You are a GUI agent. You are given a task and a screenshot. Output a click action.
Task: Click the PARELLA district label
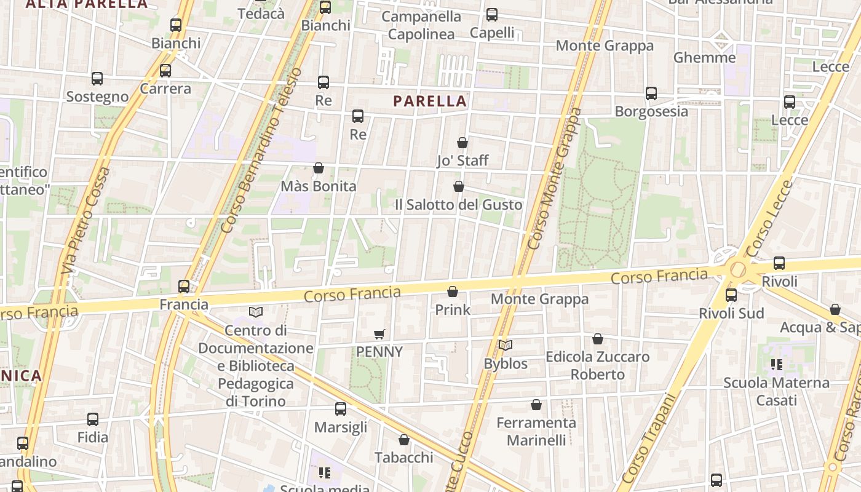tap(430, 101)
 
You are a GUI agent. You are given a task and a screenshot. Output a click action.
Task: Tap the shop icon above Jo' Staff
tap(462, 143)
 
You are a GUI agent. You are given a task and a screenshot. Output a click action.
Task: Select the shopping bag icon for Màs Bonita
tap(319, 168)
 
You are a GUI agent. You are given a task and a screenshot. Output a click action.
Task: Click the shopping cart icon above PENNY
tap(379, 334)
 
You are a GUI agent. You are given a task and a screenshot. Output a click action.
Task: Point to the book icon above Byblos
tap(506, 346)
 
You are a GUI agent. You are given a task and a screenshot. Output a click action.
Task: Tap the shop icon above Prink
tap(453, 292)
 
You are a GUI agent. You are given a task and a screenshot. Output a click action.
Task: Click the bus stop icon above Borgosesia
tap(651, 93)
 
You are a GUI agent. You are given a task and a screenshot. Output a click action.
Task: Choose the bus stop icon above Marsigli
tap(341, 409)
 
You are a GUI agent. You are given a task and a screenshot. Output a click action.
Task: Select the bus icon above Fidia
tap(93, 419)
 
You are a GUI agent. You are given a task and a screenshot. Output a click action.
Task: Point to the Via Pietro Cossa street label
tap(86, 220)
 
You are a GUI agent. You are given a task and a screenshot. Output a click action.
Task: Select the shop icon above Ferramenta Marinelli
tap(536, 405)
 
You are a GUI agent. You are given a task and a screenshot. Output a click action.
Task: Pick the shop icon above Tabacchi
tap(404, 440)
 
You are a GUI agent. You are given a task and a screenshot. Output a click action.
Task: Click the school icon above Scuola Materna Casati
tap(776, 365)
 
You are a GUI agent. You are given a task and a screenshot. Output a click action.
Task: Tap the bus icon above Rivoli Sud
tap(731, 295)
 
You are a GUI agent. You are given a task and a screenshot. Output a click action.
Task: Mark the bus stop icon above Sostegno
tap(97, 79)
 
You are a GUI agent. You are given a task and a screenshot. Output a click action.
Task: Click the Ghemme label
tap(704, 58)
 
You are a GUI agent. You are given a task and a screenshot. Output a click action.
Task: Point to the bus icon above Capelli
tap(492, 15)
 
